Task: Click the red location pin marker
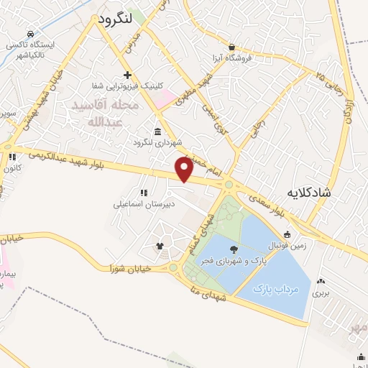[x=185, y=170]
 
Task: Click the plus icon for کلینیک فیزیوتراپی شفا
[x=127, y=75]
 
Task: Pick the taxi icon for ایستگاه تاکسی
[x=29, y=34]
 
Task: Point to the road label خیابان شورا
[x=126, y=268]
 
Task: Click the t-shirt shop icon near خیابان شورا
[x=160, y=247]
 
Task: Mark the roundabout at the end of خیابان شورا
[x=173, y=267]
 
